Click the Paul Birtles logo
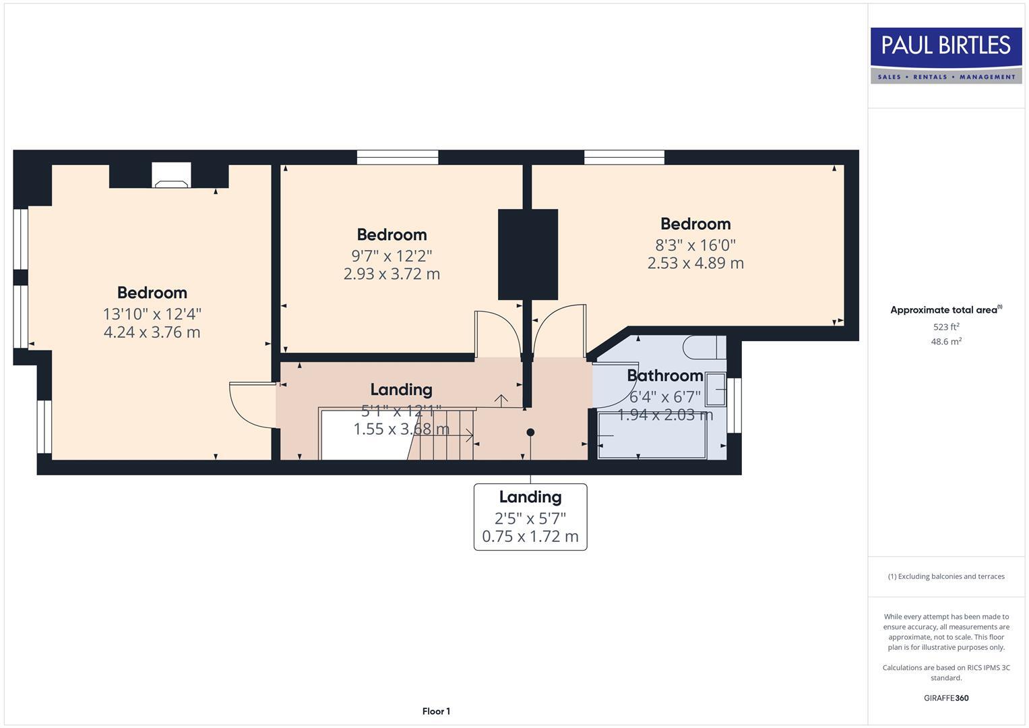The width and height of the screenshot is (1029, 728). tap(945, 55)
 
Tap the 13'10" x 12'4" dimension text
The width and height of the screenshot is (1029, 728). tap(152, 314)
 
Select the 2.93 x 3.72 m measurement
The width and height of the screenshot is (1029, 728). tap(392, 274)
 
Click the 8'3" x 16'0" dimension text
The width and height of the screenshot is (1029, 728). tap(695, 245)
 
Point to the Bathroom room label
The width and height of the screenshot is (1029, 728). tap(664, 375)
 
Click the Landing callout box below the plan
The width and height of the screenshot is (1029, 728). tap(530, 516)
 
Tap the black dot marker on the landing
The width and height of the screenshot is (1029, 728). tap(530, 432)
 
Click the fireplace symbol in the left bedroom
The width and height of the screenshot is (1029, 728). tap(171, 176)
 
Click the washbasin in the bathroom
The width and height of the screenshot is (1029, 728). tap(716, 391)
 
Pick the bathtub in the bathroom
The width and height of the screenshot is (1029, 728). tap(652, 436)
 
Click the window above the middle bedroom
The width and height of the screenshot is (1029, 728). tap(398, 157)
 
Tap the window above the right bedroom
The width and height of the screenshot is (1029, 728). tap(624, 157)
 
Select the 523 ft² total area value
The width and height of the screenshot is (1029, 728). tap(946, 327)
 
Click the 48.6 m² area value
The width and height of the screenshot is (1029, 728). tap(946, 342)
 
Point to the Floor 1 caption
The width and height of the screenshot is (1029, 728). tap(436, 711)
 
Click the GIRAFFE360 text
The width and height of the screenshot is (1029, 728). tap(946, 698)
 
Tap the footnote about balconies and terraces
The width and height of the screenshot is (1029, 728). tap(946, 576)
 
